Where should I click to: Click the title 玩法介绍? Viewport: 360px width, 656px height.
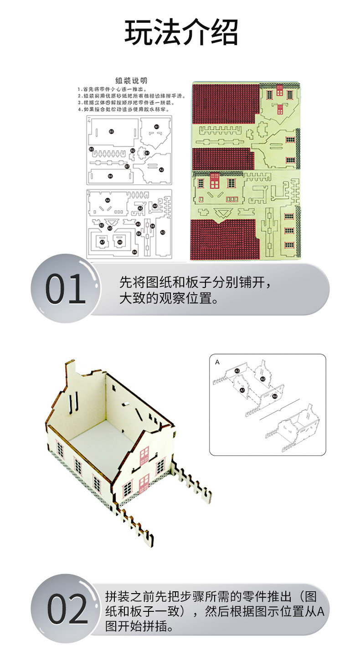pyautogui.click(x=181, y=33)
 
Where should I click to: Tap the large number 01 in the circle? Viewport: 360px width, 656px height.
pyautogui.click(x=66, y=289)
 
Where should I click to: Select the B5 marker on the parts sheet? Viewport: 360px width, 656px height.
pyautogui.click(x=111, y=131)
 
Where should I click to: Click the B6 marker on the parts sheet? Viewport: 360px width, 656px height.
pyautogui.click(x=110, y=176)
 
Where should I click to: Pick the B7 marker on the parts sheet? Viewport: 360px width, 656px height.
pyautogui.click(x=128, y=166)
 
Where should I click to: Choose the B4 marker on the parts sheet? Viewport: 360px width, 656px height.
pyautogui.click(x=134, y=251)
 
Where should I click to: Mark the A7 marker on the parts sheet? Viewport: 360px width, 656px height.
pyautogui.click(x=103, y=242)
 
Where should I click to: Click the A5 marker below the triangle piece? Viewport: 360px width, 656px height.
pyautogui.click(x=110, y=228)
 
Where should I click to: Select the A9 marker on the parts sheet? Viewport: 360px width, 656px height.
pyautogui.click(x=138, y=224)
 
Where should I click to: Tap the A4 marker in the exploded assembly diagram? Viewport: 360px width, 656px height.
pyautogui.click(x=274, y=396)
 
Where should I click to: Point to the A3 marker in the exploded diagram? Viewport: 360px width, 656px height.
pyautogui.click(x=237, y=371)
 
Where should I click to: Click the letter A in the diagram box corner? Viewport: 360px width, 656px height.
pyautogui.click(x=217, y=362)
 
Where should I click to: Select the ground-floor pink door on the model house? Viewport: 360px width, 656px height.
pyautogui.click(x=144, y=483)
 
